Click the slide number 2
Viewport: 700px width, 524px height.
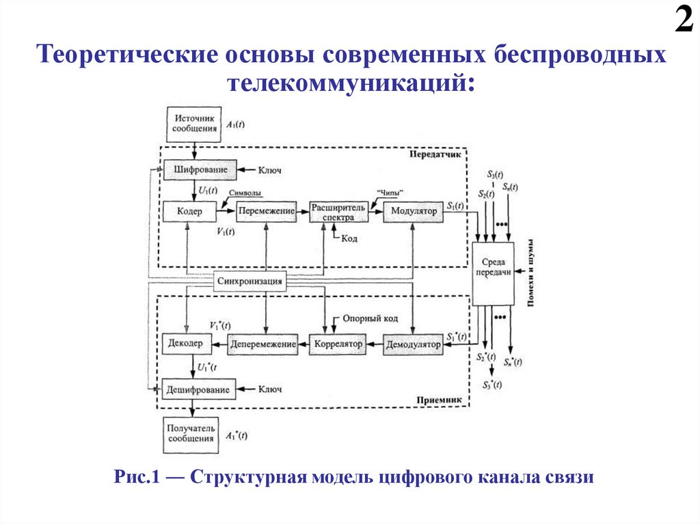684,20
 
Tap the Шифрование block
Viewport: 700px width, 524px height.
200,169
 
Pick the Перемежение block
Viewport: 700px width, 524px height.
267,212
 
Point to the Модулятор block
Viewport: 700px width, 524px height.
414,212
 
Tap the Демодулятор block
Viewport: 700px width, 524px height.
413,344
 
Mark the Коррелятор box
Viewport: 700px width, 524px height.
338,344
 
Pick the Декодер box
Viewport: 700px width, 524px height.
183,344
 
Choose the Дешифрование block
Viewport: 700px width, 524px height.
200,389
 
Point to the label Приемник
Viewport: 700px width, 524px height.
440,400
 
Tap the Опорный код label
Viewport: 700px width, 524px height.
369,319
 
